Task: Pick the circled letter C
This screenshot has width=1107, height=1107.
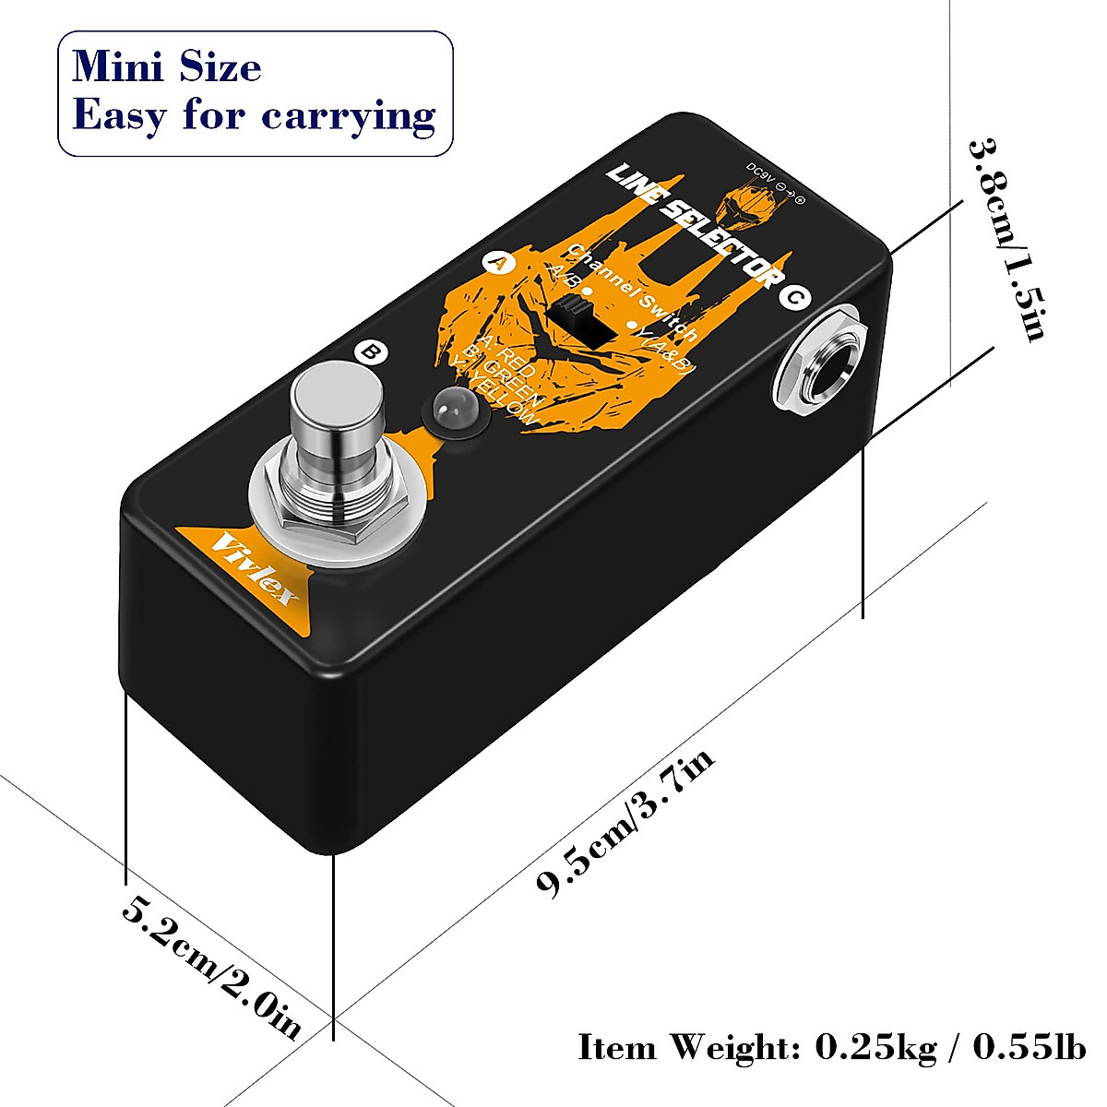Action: (794, 297)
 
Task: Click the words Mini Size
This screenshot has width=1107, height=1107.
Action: (167, 67)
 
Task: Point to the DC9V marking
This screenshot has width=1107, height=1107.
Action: (744, 176)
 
